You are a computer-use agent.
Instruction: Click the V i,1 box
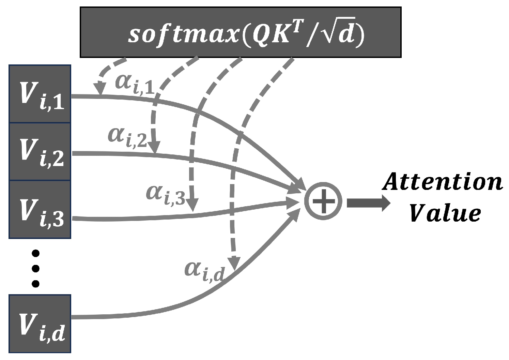[40, 94]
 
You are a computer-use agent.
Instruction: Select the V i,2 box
[40, 152]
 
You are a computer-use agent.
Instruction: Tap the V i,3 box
[40, 210]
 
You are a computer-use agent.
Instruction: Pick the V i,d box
[40, 323]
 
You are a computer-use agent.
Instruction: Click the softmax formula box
[240, 32]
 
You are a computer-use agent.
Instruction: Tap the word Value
[445, 214]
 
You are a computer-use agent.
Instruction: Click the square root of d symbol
[339, 34]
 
